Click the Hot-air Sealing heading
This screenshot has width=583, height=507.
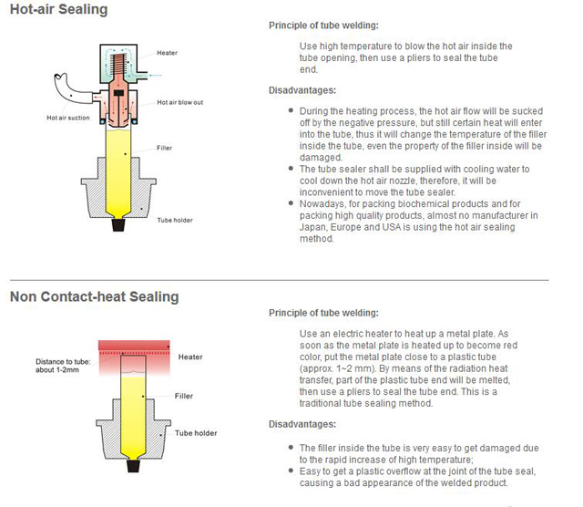click(x=58, y=10)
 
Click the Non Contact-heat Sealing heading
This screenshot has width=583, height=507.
click(x=94, y=296)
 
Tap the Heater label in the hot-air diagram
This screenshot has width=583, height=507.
click(x=167, y=53)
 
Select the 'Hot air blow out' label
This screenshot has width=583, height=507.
click(x=179, y=102)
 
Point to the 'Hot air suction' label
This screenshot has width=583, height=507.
click(x=68, y=118)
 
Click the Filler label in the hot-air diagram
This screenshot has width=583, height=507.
click(x=164, y=147)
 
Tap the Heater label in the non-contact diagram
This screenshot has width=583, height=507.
click(x=190, y=357)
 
